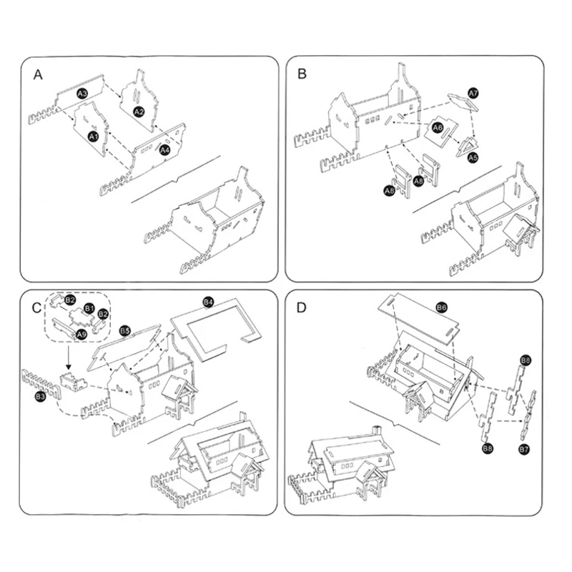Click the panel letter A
37,74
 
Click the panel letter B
302,74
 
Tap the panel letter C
37,307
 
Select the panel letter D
302,307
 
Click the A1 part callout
93,135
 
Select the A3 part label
82,94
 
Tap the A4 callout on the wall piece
164,150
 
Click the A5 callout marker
473,157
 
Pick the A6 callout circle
438,127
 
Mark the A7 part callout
473,94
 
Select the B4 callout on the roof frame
208,302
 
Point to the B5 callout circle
124,331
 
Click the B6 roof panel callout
441,307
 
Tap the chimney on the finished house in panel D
378,430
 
